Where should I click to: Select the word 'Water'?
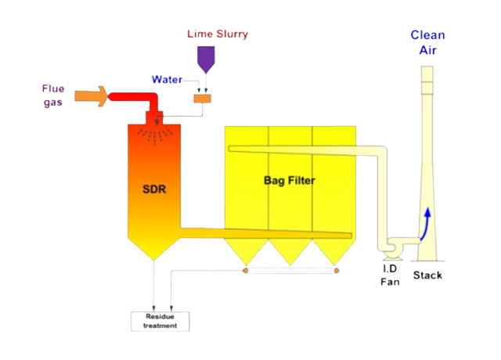pyautogui.click(x=169, y=79)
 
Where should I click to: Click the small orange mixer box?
pyautogui.click(x=204, y=99)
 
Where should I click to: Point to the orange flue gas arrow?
pyautogui.click(x=91, y=95)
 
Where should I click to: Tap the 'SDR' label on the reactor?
pyautogui.click(x=154, y=189)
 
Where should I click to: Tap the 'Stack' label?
pyautogui.click(x=427, y=275)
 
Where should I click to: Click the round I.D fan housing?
pyautogui.click(x=389, y=248)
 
